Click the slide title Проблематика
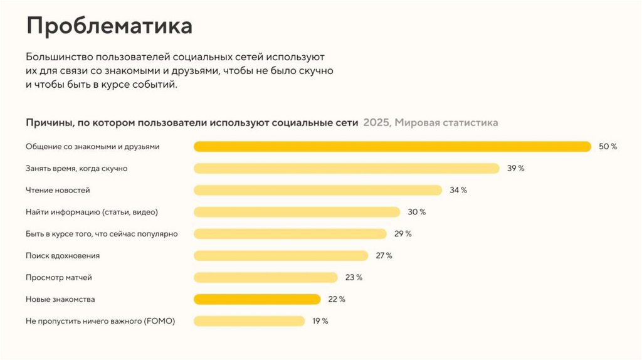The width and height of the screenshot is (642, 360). [109, 26]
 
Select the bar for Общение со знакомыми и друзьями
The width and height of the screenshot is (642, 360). [392, 147]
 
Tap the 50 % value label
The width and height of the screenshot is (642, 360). [608, 147]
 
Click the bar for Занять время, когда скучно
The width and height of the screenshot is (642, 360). [346, 168]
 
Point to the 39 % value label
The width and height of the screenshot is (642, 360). [515, 168]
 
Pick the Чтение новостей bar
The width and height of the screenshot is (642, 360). [317, 190]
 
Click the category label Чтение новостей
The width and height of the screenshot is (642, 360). [58, 190]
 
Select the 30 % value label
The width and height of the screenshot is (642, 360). [416, 212]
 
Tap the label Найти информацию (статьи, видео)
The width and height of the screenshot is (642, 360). [92, 212]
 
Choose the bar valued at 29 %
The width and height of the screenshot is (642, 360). [290, 234]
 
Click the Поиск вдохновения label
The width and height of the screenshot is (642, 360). [63, 255]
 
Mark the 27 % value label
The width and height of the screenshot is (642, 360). [384, 255]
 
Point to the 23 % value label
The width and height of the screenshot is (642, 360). [354, 277]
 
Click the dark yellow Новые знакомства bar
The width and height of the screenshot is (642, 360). [257, 299]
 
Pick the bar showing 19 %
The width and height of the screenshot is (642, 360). [249, 321]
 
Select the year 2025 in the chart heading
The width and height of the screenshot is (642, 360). [376, 123]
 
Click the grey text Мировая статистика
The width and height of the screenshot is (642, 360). [446, 123]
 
